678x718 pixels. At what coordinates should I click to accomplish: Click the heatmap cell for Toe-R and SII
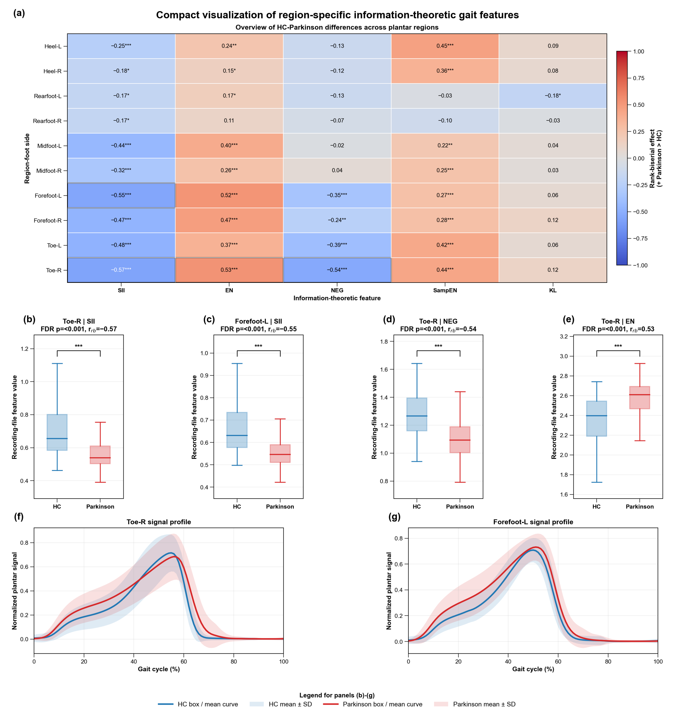(121, 270)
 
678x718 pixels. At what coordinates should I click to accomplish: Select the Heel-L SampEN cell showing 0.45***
(445, 46)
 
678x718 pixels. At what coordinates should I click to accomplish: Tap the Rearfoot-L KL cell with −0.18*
(553, 96)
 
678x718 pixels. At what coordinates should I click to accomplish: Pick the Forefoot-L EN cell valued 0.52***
(229, 195)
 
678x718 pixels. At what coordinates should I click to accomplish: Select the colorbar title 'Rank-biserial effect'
(652, 158)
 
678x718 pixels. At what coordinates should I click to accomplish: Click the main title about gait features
(337, 15)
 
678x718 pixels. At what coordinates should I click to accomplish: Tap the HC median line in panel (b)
(57, 438)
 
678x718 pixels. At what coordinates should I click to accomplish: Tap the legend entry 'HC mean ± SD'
(280, 704)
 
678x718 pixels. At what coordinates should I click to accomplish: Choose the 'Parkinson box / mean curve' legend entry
(373, 704)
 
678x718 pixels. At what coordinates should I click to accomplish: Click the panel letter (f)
(19, 517)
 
